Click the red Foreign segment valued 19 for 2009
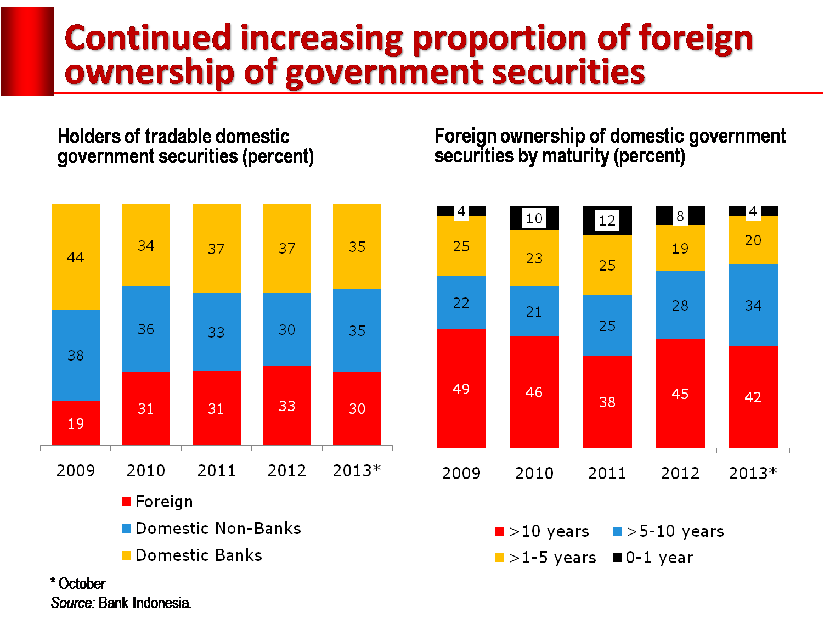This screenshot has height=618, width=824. click(x=76, y=423)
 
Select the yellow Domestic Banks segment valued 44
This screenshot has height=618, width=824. click(x=76, y=257)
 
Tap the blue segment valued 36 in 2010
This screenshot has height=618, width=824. click(x=146, y=329)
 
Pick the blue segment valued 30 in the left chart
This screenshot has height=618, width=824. click(x=287, y=329)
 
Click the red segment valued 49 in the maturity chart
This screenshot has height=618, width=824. click(x=461, y=389)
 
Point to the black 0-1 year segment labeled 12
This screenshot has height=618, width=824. click(x=607, y=220)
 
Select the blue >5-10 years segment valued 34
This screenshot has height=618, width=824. click(x=753, y=305)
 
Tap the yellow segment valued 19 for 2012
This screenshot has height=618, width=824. click(x=680, y=248)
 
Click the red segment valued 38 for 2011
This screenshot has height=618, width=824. click(x=607, y=402)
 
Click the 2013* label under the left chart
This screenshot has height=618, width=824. click(x=357, y=470)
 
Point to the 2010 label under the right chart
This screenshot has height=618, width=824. click(x=534, y=473)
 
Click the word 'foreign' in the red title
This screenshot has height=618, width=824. click(x=696, y=40)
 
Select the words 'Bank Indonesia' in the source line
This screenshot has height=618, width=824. click(x=145, y=603)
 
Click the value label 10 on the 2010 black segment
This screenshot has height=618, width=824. click(x=534, y=218)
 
